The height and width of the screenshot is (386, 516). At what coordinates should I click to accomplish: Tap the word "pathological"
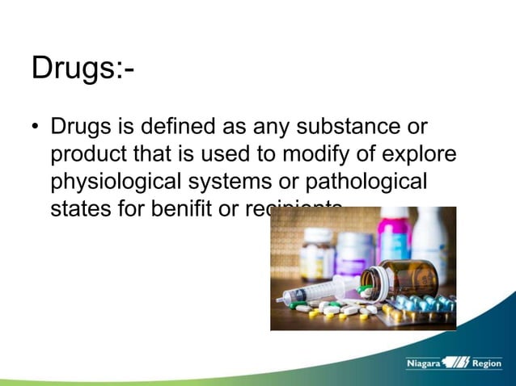click(369, 182)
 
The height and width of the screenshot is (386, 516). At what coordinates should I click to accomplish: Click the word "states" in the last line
click(78, 209)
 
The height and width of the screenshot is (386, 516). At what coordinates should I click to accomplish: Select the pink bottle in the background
click(393, 234)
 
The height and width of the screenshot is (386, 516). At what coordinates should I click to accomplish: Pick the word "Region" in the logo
click(487, 364)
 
